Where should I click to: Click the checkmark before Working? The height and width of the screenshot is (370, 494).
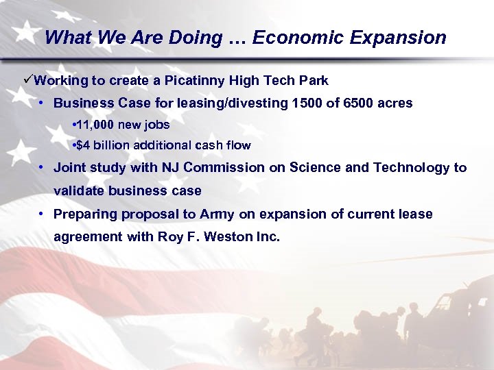point(28,80)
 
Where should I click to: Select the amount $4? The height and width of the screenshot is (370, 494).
point(82,145)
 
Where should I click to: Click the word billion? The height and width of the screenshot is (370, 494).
point(110,145)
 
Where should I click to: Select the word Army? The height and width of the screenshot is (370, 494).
point(217,214)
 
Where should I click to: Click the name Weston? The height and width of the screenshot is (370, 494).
point(229,238)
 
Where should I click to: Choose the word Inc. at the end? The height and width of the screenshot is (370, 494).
point(267,238)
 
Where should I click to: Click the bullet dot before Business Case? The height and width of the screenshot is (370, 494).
point(43,103)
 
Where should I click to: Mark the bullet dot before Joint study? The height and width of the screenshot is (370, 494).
point(43,168)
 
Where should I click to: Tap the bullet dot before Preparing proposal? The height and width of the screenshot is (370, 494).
point(43,214)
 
